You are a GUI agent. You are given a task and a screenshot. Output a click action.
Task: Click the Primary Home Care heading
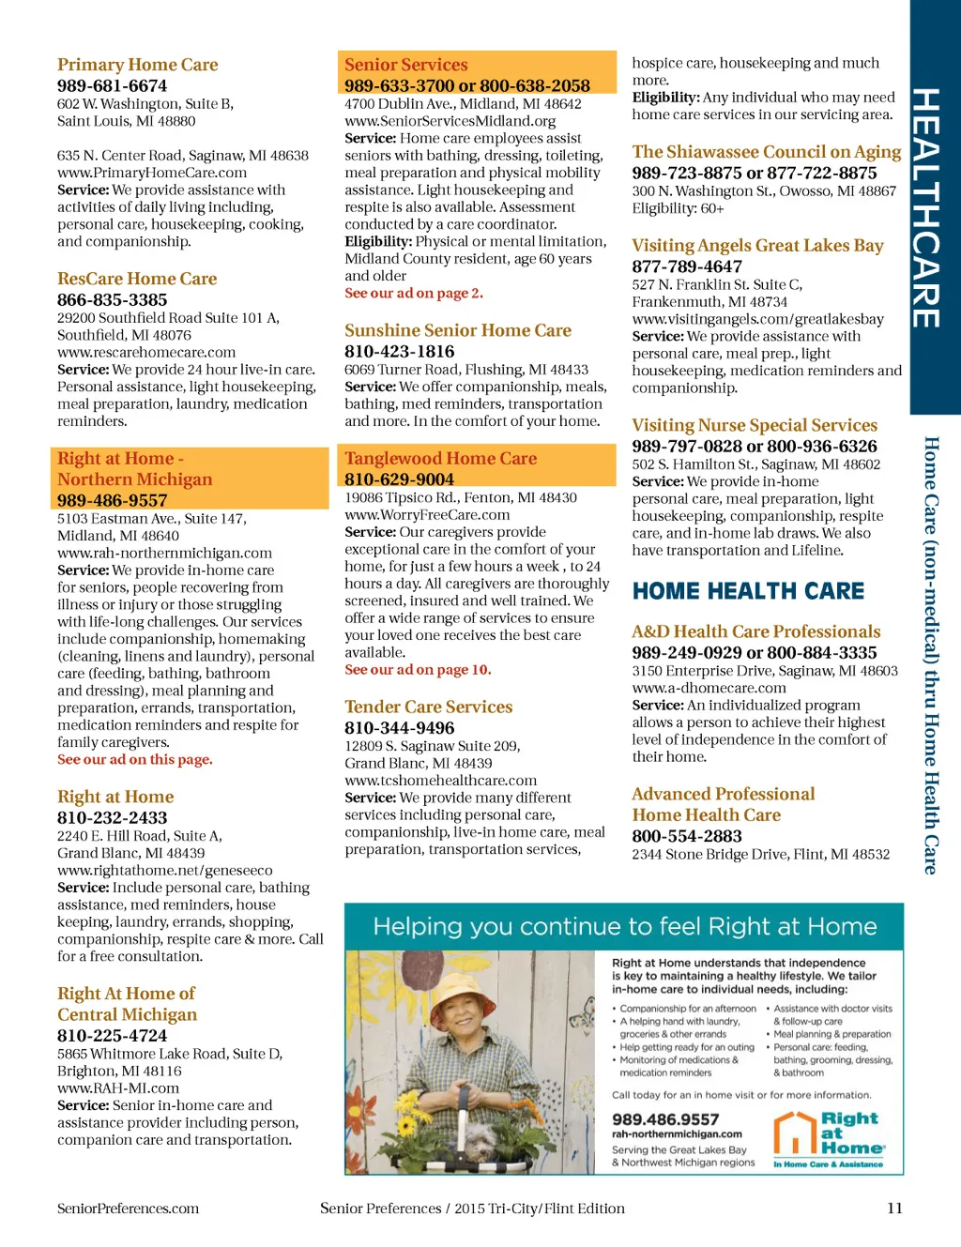tap(137, 65)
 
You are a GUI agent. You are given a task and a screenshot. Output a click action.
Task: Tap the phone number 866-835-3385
tap(112, 299)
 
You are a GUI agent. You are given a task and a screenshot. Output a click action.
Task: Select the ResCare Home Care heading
tap(137, 279)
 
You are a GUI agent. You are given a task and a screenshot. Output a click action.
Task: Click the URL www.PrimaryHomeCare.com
tap(152, 173)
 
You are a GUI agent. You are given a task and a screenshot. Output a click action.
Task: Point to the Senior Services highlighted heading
tap(405, 65)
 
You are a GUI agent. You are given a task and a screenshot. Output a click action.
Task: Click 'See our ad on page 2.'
tap(414, 293)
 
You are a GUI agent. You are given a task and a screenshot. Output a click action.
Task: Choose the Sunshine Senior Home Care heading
tap(458, 330)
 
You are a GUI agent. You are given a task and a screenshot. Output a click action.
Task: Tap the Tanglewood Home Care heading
tap(440, 459)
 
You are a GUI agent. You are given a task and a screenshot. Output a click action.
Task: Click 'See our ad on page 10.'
tap(418, 670)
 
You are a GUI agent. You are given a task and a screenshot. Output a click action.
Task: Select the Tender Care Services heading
tap(428, 707)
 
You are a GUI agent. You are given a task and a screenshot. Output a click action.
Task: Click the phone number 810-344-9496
tap(399, 727)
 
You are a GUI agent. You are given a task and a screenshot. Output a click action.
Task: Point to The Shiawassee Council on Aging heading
tap(766, 152)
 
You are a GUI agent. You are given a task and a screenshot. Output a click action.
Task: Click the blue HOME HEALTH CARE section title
tap(748, 591)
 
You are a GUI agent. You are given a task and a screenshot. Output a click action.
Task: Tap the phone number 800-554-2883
tap(687, 836)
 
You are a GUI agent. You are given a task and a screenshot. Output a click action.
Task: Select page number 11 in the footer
tap(894, 1209)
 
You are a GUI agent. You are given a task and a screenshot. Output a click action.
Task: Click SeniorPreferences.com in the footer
tap(128, 1209)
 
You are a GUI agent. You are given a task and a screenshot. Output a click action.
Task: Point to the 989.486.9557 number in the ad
tap(665, 1119)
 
